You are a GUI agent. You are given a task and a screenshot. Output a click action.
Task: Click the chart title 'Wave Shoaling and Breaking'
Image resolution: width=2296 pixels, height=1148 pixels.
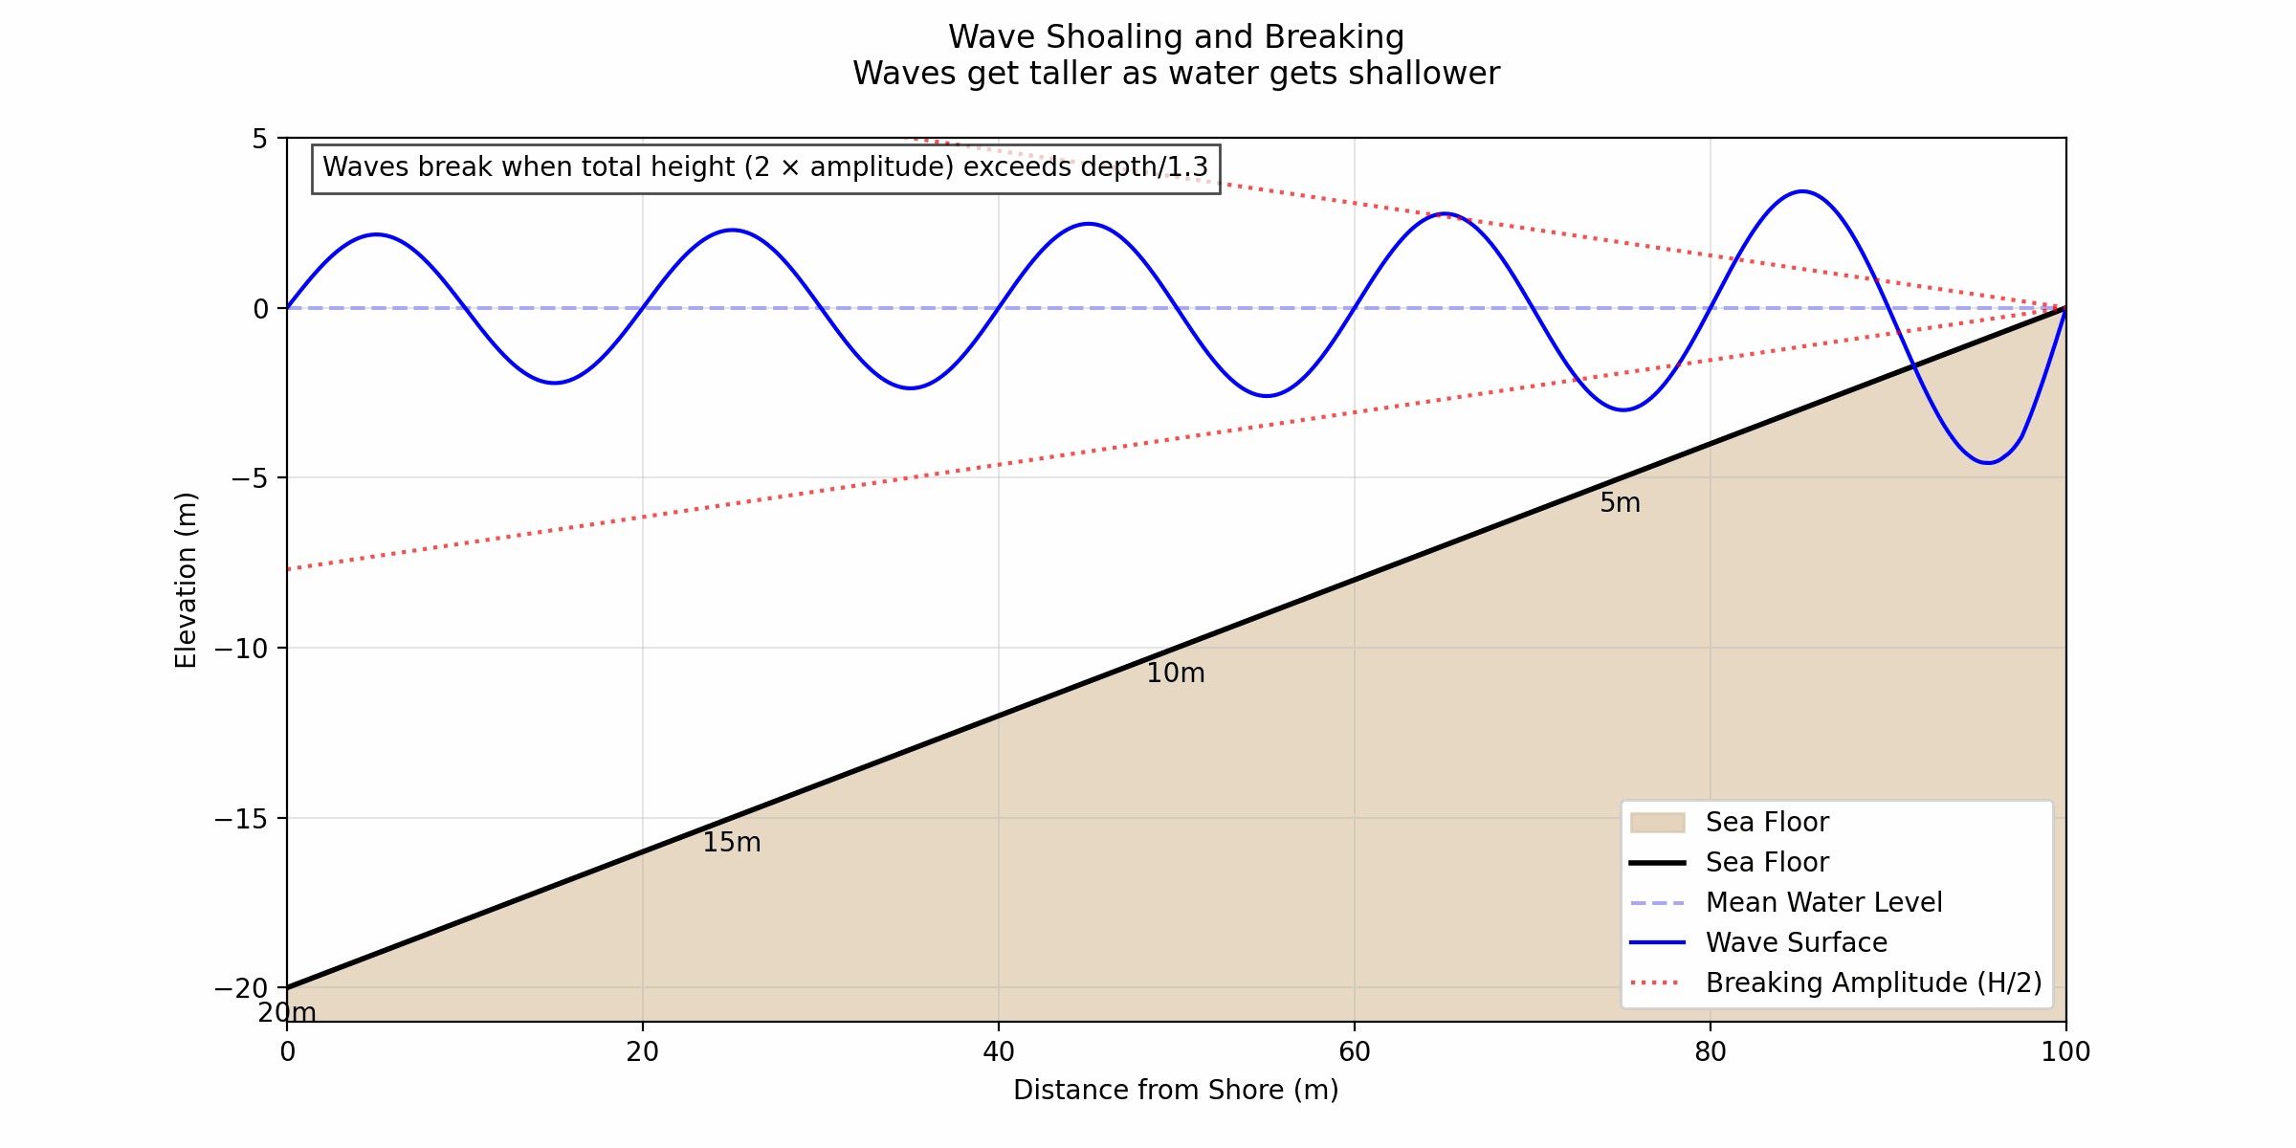[x=1176, y=37]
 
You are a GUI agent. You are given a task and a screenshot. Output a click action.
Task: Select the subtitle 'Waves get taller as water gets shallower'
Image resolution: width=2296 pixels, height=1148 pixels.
[x=1176, y=74]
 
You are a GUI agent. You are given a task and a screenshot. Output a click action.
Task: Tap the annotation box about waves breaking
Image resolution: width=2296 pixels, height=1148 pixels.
[x=765, y=167]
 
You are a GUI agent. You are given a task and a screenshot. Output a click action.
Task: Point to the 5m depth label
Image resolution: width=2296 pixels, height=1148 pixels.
[x=1620, y=503]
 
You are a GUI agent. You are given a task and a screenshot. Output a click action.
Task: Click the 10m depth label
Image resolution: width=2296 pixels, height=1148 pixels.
[x=1175, y=673]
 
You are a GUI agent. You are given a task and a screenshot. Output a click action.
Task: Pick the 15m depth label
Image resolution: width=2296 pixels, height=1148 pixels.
[x=731, y=843]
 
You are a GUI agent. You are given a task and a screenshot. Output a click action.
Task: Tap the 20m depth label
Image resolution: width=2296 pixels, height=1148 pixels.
[x=286, y=1013]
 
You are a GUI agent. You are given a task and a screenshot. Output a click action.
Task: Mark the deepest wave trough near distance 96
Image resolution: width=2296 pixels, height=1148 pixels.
[x=1987, y=463]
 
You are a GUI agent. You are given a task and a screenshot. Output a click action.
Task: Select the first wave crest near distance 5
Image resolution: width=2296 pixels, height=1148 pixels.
[x=376, y=234]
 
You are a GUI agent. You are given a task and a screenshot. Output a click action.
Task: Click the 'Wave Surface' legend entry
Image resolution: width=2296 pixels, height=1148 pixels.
[x=1796, y=943]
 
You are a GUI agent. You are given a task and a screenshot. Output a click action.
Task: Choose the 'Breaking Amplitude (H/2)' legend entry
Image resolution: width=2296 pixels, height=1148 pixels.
[x=1873, y=983]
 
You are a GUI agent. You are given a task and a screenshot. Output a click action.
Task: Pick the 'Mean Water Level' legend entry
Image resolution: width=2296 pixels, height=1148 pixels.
[x=1822, y=903]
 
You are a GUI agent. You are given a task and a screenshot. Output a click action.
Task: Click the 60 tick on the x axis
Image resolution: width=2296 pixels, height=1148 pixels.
[x=1354, y=1052]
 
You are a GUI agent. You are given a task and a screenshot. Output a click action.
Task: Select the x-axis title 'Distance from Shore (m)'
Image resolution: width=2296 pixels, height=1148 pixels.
[x=1176, y=1091]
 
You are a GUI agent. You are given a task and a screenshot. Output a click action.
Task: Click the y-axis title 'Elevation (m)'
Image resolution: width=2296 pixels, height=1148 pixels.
[x=186, y=580]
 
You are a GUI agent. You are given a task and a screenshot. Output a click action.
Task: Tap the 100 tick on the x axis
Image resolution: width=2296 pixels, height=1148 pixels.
[x=2065, y=1052]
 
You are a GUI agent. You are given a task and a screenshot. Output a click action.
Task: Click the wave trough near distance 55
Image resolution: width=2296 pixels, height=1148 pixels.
[x=1266, y=396]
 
